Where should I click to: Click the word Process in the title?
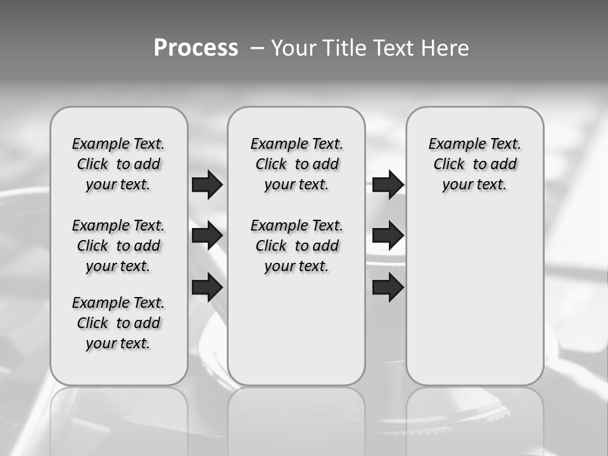coord(196,48)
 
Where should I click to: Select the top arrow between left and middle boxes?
coord(207,185)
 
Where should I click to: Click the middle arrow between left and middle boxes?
coord(207,236)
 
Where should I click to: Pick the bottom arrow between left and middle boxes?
coord(207,288)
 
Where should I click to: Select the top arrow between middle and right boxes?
coord(388,185)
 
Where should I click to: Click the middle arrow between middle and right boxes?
coord(388,236)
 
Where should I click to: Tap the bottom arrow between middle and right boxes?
coord(388,288)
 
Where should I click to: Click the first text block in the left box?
coord(118,164)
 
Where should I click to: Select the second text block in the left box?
coord(118,246)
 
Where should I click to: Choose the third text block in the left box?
coord(118,323)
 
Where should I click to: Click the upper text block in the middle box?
coord(296,164)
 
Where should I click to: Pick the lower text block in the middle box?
coord(296,246)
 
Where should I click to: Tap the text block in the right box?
coord(474,164)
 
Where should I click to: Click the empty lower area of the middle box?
coord(296,329)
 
